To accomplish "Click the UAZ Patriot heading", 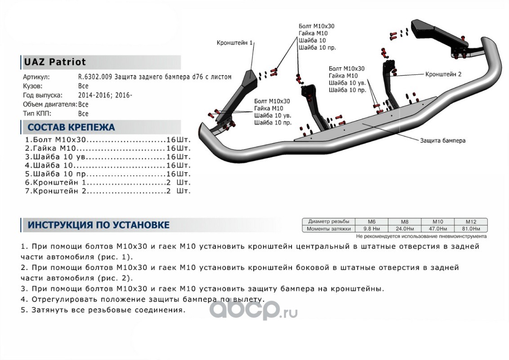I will pos(54,62).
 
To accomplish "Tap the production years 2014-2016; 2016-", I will pos(105,95).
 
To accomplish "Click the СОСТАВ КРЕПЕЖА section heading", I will pos(71,127).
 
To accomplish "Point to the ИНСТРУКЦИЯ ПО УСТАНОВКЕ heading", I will pos(98,225).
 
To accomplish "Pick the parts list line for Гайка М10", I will pos(108,148).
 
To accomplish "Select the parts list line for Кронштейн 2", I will pos(108,191).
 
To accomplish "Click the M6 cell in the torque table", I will pos(371,222).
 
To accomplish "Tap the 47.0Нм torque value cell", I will pos(438,229).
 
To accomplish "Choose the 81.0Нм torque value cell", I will pos(471,229).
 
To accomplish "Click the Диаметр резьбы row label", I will pos(329,222).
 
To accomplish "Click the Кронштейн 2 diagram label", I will pos(443,74).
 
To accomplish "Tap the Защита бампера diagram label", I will pos(443,140).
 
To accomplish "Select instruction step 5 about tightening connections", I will pos(103,310).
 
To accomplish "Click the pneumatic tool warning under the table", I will pos(421,236).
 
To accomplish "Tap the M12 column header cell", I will pos(471,222).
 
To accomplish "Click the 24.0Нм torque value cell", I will pos(405,229).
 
